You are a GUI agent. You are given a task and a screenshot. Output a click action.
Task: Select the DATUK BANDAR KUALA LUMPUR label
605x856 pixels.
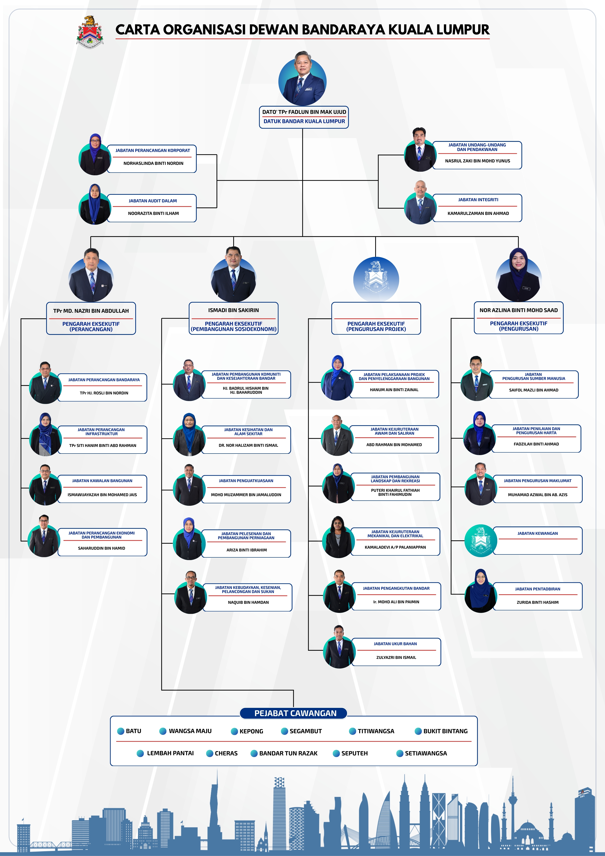304,121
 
